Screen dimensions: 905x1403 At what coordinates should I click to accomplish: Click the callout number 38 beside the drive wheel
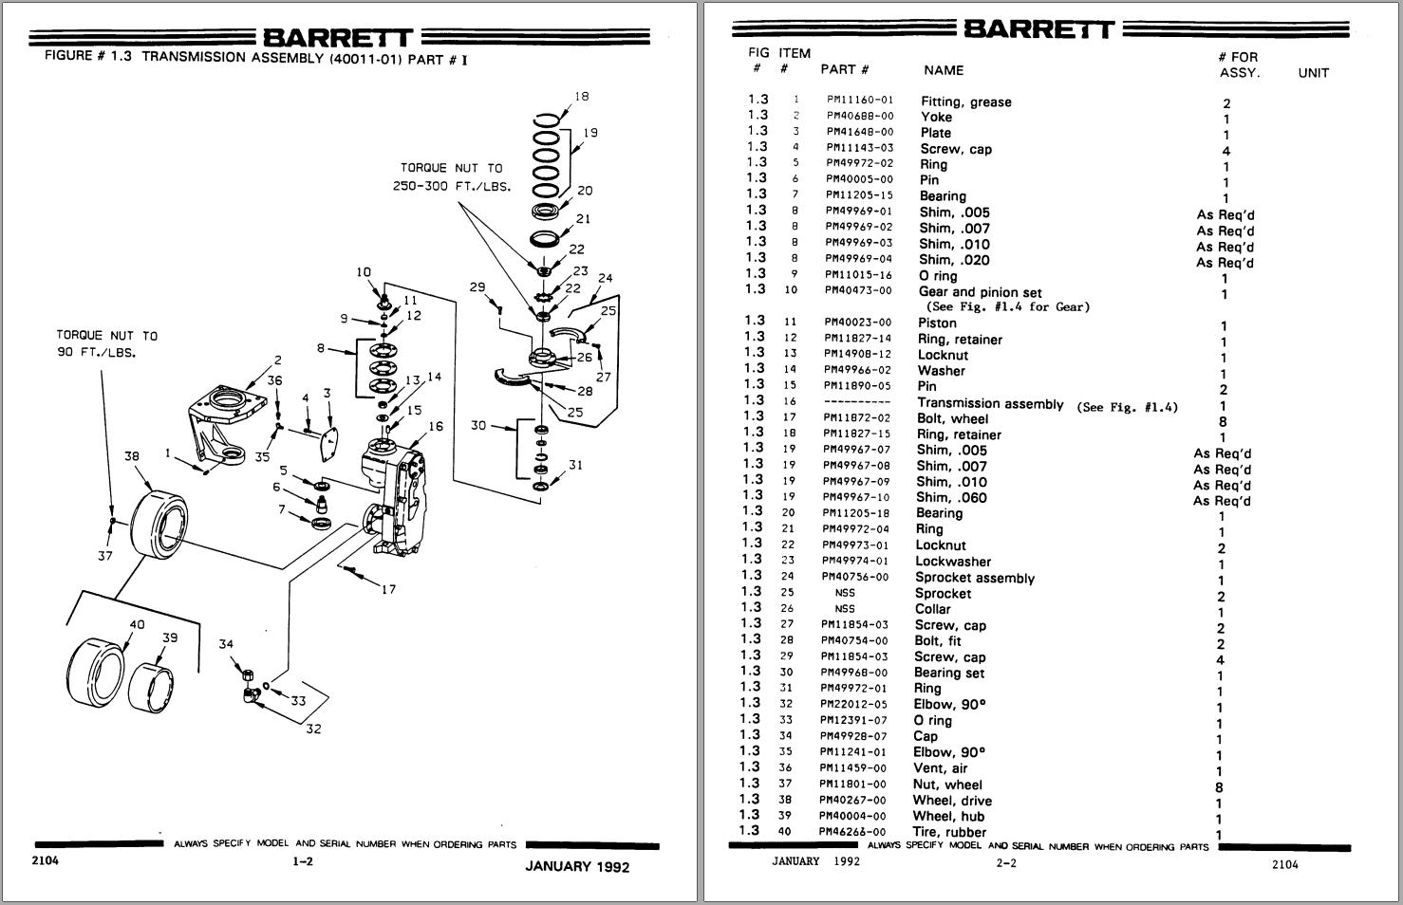132,456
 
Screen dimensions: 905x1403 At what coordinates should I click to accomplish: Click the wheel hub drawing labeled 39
156,679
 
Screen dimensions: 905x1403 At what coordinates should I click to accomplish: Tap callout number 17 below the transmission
388,589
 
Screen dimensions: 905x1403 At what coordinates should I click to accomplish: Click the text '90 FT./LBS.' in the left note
97,353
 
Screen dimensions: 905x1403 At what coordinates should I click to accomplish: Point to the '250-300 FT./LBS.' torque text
452,186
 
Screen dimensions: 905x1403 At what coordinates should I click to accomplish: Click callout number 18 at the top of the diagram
582,96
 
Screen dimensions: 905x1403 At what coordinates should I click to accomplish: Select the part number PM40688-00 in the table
859,117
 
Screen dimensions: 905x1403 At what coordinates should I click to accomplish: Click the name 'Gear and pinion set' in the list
980,292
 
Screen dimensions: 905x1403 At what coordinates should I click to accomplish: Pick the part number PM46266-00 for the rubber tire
853,832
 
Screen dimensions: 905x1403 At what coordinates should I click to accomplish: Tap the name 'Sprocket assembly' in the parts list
974,578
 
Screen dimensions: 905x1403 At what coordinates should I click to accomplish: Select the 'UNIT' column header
1313,73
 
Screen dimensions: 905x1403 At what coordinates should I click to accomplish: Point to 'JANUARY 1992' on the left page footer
577,866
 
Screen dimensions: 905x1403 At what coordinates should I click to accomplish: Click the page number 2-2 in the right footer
1006,863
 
